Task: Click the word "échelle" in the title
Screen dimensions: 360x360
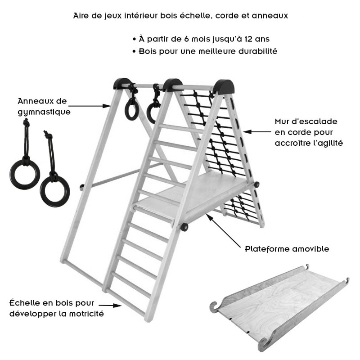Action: click(x=194, y=15)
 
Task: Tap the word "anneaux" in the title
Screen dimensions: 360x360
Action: click(x=270, y=16)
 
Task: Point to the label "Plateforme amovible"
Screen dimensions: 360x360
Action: click(x=287, y=249)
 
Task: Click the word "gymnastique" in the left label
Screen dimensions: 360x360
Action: click(x=44, y=112)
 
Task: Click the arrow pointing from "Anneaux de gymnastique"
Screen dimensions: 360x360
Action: click(x=90, y=106)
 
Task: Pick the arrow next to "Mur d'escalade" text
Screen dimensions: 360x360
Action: click(x=257, y=132)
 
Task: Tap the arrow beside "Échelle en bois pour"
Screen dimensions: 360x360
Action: click(x=110, y=306)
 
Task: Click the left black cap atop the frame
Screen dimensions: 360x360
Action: click(x=122, y=84)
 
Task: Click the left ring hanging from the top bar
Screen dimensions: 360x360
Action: click(x=131, y=109)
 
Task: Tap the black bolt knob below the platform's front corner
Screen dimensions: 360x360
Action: click(x=184, y=227)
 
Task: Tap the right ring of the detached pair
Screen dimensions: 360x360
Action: click(x=55, y=191)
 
